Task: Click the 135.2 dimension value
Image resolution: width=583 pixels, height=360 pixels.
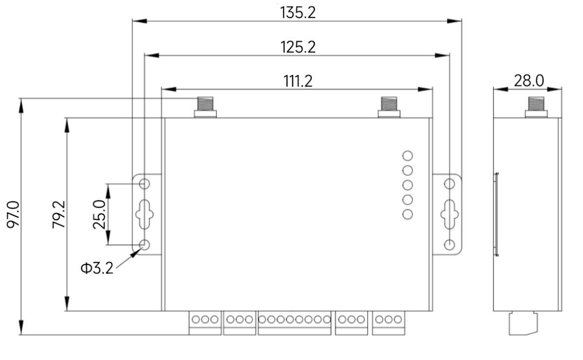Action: tap(298, 12)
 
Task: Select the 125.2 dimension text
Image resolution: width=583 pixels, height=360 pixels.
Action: tap(298, 47)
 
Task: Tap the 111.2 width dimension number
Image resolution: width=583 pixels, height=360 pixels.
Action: tap(298, 81)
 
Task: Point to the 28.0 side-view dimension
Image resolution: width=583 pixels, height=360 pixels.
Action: tap(529, 81)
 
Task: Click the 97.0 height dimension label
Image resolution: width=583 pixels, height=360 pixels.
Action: tap(13, 214)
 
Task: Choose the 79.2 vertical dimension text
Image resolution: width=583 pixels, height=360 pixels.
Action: tap(59, 214)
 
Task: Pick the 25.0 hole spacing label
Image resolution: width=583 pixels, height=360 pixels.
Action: tap(99, 214)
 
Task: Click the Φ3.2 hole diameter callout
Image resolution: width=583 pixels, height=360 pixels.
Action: tap(97, 268)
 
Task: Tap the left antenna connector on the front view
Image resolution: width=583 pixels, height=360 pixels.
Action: tap(205, 107)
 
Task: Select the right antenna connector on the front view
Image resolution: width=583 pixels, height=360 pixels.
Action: tap(389, 107)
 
